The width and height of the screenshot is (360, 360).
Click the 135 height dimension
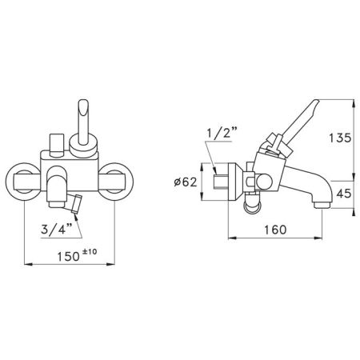click(341, 138)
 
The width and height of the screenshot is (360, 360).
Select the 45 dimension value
click(341, 193)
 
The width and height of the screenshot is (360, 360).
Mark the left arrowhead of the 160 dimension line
click(232, 238)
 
